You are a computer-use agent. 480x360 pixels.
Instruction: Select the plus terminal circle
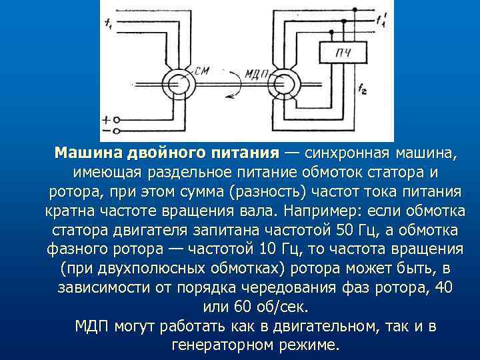(x=117, y=120)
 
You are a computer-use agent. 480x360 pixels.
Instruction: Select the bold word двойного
(x=163, y=153)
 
